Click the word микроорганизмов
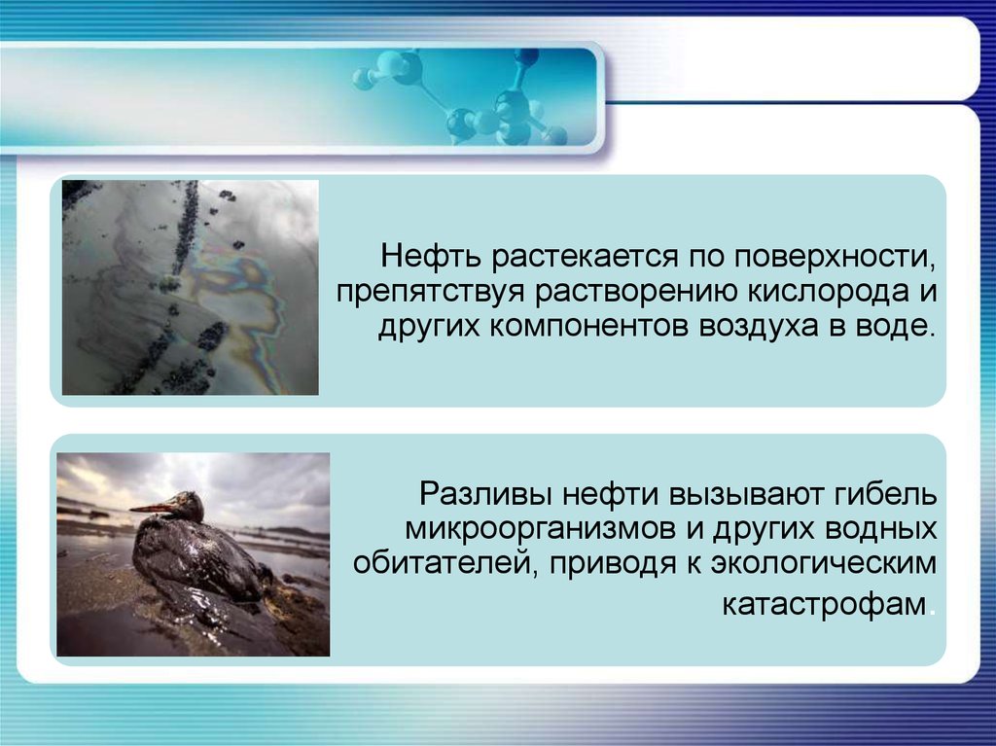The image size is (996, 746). [540, 530]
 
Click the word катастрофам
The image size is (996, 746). [824, 604]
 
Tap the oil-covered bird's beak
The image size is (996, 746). [153, 509]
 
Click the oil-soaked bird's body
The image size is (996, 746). [196, 559]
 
